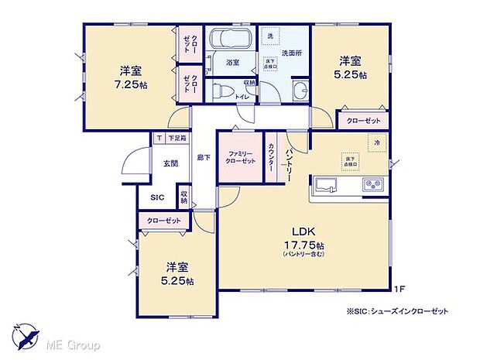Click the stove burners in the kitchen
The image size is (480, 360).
tap(373, 185)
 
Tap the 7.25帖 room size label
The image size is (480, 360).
tap(129, 84)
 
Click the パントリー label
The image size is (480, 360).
tap(288, 156)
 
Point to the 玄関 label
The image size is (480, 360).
tap(170, 163)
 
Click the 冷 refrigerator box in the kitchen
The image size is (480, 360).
tap(377, 144)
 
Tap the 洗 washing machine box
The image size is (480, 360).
tap(271, 36)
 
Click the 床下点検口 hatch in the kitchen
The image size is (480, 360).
tap(351, 161)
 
